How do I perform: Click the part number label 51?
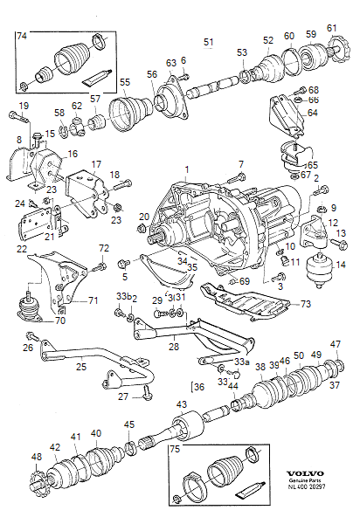pos(209,42)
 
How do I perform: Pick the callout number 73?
pos(305,304)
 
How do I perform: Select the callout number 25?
pos(80,369)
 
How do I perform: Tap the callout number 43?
pos(181,404)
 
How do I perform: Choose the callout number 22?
pos(22,249)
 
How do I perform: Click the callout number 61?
pos(332,29)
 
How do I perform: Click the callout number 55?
pos(124,82)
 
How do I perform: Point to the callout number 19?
pos(24,106)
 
